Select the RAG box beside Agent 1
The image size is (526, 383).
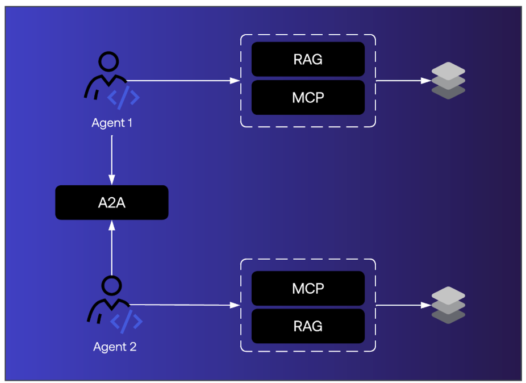pyautogui.click(x=308, y=59)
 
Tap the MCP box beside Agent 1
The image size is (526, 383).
pyautogui.click(x=308, y=98)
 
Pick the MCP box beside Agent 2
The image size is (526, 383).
pyautogui.click(x=308, y=288)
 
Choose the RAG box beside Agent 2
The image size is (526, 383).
pyautogui.click(x=308, y=326)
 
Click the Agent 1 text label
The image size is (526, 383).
pyautogui.click(x=112, y=123)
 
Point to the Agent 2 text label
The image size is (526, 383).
pyautogui.click(x=115, y=347)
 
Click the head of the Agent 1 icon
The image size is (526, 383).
pyautogui.click(x=108, y=61)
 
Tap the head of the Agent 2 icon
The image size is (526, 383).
pyautogui.click(x=111, y=285)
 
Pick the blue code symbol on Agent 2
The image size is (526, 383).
pyautogui.click(x=126, y=322)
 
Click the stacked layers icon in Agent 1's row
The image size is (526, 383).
pyautogui.click(x=448, y=81)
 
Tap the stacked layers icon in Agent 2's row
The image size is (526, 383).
pyautogui.click(x=448, y=305)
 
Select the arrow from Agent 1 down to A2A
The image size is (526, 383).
pyautogui.click(x=112, y=156)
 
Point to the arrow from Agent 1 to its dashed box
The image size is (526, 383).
pyautogui.click(x=182, y=81)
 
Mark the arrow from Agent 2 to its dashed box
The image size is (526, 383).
pyautogui.click(x=185, y=305)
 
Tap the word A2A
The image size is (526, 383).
pyautogui.click(x=111, y=202)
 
